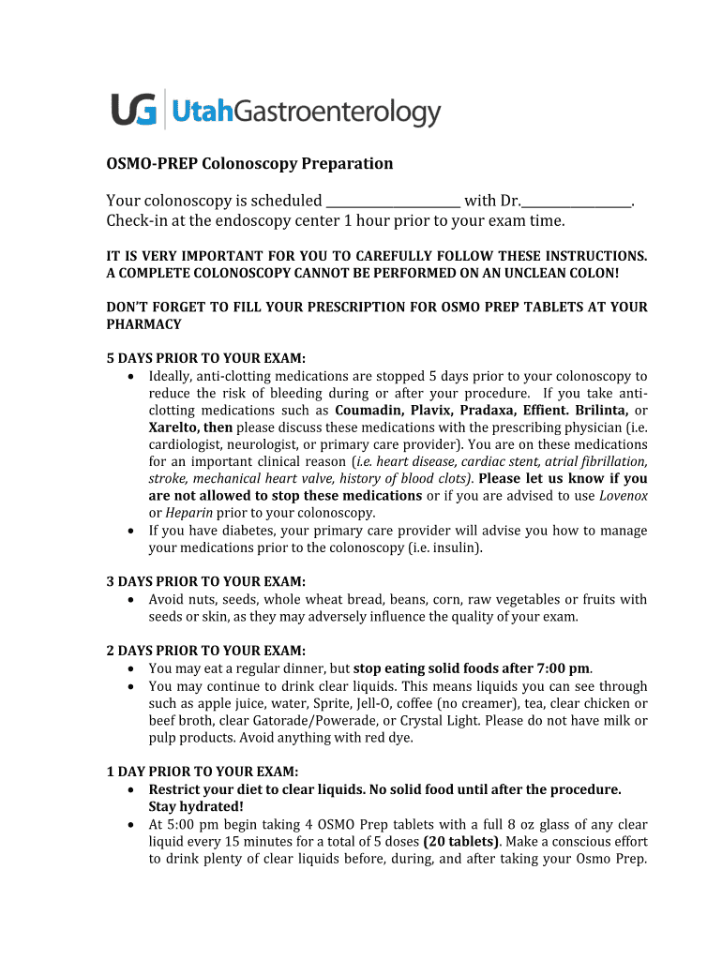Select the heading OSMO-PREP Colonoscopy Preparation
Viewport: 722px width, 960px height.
tap(249, 164)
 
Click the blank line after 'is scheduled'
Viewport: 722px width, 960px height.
tap(394, 201)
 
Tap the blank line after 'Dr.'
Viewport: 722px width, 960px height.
tap(578, 201)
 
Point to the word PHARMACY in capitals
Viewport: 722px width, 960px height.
tap(143, 324)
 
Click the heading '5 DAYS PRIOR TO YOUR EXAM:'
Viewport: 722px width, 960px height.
tap(206, 359)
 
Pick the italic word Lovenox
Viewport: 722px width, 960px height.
tap(623, 496)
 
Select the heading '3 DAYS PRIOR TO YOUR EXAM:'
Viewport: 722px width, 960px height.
tap(206, 582)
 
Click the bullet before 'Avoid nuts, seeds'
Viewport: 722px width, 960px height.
tap(129, 600)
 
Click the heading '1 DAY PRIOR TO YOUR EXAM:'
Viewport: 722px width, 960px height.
tap(203, 772)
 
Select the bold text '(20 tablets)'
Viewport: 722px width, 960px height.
tap(462, 841)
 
